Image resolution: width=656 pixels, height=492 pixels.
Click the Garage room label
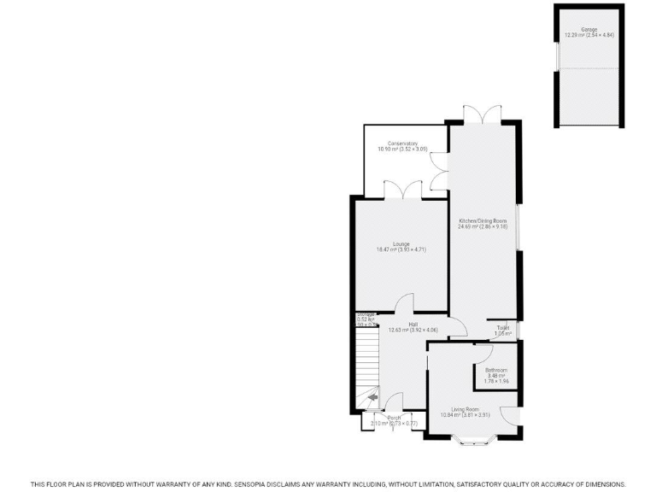click(589, 29)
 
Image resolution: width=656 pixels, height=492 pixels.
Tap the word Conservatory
click(401, 143)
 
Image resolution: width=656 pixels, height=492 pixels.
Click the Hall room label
click(413, 325)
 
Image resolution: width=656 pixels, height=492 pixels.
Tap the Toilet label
click(503, 328)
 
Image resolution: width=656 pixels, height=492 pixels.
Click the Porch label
click(394, 418)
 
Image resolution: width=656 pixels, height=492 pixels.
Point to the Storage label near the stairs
click(366, 314)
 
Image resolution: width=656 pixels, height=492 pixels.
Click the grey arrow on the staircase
click(372, 396)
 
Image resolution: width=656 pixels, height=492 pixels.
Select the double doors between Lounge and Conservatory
click(401, 190)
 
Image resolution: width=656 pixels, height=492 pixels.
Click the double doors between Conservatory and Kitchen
click(440, 169)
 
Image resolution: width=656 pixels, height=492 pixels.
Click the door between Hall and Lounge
click(405, 303)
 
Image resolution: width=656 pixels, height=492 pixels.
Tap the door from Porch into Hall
click(395, 401)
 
